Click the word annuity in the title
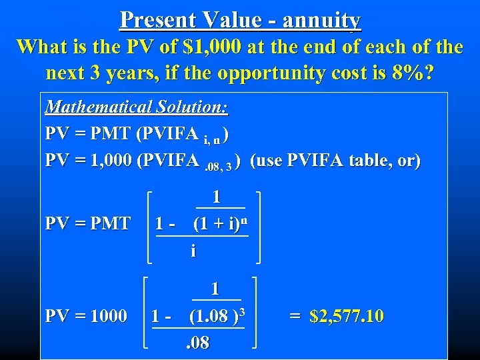[321, 20]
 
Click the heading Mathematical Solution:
[136, 107]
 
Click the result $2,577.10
[347, 315]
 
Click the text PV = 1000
[86, 315]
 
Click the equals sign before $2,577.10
[295, 315]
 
